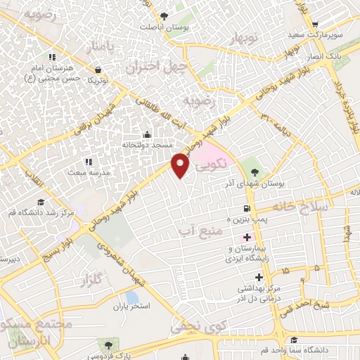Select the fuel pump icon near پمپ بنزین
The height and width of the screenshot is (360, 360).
(245, 208)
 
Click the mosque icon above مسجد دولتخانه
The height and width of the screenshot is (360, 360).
(146, 134)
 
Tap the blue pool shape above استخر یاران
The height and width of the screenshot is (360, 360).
(132, 296)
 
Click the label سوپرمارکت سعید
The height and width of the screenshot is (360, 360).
(316, 34)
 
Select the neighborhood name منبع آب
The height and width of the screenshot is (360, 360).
(200, 230)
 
